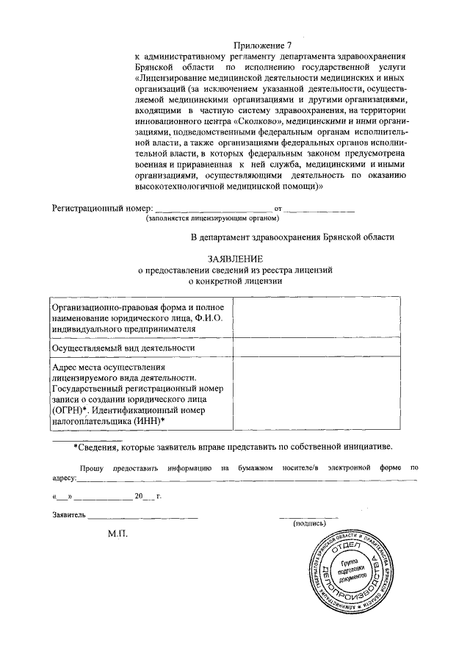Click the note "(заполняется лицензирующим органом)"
click(212, 218)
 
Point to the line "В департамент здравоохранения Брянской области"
click(292, 237)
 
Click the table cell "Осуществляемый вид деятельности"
click(123, 348)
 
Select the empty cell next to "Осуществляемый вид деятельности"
click(317, 348)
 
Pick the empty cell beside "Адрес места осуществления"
click(317, 393)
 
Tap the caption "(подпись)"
click(309, 523)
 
